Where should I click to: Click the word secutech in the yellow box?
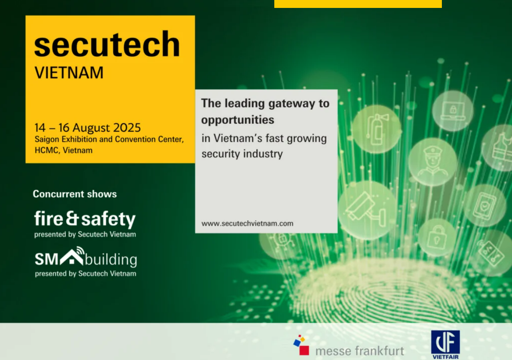click(x=107, y=45)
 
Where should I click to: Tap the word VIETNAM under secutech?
click(x=69, y=72)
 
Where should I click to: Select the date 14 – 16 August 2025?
click(x=87, y=127)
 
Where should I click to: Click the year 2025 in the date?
click(x=127, y=127)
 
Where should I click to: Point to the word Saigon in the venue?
click(x=47, y=140)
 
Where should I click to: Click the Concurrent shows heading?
click(x=75, y=194)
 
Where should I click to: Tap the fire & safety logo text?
click(x=85, y=219)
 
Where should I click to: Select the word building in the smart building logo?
click(x=111, y=260)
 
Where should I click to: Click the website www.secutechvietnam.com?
click(x=247, y=223)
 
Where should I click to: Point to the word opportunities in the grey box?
click(x=238, y=120)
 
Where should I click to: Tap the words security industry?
click(x=242, y=154)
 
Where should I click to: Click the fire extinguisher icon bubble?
click(x=377, y=129)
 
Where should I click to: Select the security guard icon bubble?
click(x=433, y=162)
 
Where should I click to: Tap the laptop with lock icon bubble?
click(x=452, y=111)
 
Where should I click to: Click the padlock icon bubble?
click(x=437, y=238)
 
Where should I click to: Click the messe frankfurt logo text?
click(x=359, y=351)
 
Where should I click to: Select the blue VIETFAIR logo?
click(x=445, y=345)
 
